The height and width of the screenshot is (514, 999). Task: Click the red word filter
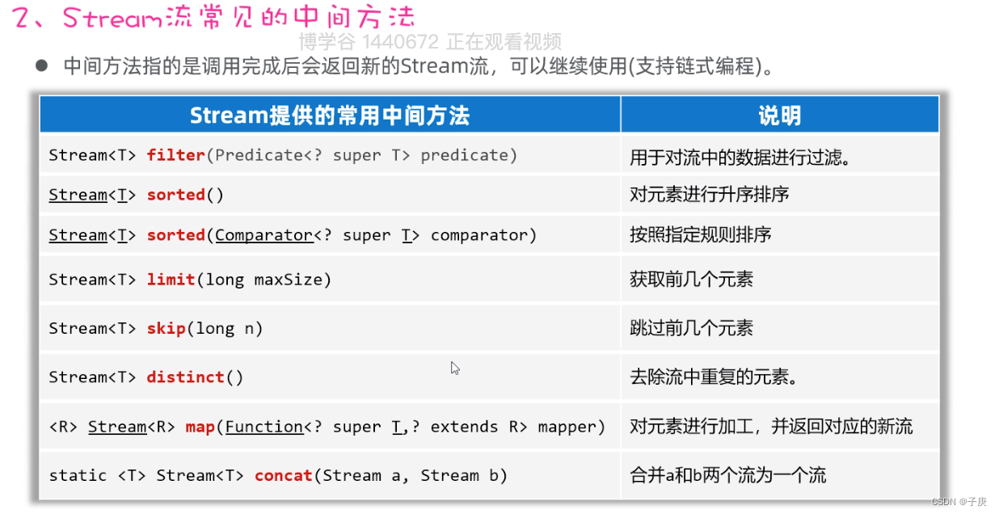pos(175,155)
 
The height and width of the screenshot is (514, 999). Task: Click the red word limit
pos(171,280)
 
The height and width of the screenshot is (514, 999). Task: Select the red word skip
pos(166,328)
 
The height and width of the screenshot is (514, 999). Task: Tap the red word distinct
pos(185,377)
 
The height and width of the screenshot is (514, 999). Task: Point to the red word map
pos(200,427)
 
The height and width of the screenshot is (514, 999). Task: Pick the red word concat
pos(283,475)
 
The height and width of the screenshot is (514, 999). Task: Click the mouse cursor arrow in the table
pos(455,368)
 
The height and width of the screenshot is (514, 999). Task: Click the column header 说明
pos(779,116)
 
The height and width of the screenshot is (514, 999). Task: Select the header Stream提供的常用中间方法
pos(329,116)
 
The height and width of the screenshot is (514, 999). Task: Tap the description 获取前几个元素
pos(691,280)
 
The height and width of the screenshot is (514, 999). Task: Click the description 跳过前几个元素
pos(691,328)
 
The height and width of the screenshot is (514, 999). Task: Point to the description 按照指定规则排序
pos(700,235)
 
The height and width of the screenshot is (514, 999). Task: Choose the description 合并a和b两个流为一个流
pos(727,475)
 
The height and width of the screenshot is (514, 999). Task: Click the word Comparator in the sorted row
pos(263,235)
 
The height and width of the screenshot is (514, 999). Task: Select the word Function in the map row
pos(264,427)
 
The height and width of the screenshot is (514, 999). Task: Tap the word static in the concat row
pos(78,475)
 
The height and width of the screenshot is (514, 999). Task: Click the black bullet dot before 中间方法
pos(42,65)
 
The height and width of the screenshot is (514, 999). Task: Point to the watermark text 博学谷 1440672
pos(368,41)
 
